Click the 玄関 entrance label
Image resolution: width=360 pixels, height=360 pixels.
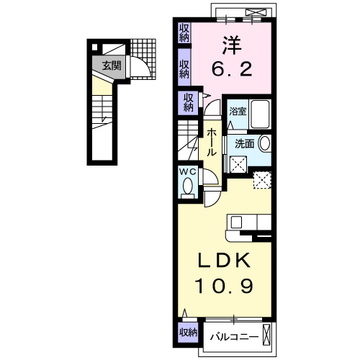[x=111, y=66]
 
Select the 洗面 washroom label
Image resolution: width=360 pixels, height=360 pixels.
[x=244, y=143]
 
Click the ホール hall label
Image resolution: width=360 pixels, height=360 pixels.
[x=212, y=143]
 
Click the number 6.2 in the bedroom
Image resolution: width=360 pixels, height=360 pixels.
[x=231, y=68]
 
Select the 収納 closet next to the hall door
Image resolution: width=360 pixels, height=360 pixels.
[x=188, y=102]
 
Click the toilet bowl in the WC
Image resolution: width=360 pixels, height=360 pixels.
[x=188, y=186]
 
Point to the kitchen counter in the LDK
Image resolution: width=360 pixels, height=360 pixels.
[x=248, y=222]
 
